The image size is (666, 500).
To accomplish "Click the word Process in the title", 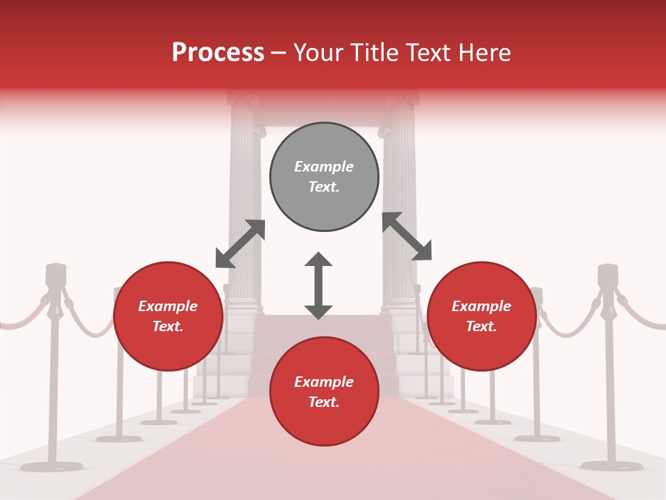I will (x=218, y=53).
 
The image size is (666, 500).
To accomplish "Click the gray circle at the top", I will (x=324, y=177).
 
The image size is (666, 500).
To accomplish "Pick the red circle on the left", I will (x=168, y=317).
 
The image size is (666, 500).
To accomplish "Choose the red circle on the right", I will (x=481, y=317).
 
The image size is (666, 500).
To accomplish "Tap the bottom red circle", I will (x=324, y=392).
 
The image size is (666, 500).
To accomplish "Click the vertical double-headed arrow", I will (x=318, y=285).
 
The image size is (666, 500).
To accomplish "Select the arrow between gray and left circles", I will (x=240, y=244).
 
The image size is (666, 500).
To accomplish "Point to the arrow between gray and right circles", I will (x=407, y=236).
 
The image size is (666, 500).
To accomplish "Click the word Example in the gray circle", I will (x=324, y=167).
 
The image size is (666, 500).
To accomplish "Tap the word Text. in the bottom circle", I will (x=324, y=402).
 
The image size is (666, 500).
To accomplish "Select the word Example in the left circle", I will (x=168, y=306).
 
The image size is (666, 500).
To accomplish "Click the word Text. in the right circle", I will (x=481, y=326).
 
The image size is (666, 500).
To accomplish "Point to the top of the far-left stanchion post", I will (x=55, y=272).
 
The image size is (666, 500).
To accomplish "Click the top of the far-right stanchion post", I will (x=608, y=272).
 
